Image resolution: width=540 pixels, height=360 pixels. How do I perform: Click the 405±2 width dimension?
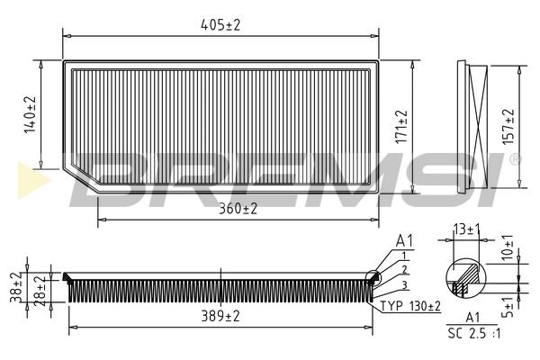point(220,25)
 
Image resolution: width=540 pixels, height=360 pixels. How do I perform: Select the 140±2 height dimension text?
point(31,114)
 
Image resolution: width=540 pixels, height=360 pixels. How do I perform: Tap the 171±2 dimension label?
point(401,126)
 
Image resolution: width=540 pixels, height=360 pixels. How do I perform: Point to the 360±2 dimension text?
point(238,209)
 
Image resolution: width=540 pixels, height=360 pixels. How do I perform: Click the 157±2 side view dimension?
point(508,126)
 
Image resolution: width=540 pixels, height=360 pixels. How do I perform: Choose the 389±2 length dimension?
point(220,316)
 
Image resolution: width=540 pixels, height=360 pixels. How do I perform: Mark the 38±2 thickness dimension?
point(16,287)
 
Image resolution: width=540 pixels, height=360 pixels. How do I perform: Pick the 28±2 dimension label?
point(40,291)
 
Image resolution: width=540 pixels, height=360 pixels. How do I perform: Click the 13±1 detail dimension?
point(466,229)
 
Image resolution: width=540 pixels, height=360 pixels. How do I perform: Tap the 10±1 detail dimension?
point(508,247)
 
